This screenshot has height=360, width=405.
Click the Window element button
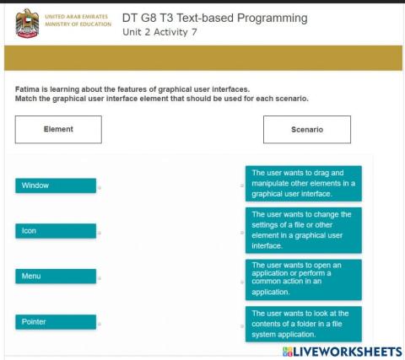click(x=56, y=185)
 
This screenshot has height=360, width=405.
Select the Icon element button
click(x=56, y=231)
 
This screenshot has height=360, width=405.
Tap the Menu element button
click(x=56, y=276)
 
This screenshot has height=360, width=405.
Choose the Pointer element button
click(x=56, y=321)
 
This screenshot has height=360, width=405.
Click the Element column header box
click(x=58, y=130)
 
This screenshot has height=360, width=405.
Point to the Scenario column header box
click(x=307, y=130)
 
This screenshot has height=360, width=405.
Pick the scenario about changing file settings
click(x=304, y=230)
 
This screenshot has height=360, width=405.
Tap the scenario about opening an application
click(x=304, y=279)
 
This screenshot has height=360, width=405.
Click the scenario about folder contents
click(x=304, y=324)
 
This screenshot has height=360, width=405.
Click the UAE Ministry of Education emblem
click(x=27, y=23)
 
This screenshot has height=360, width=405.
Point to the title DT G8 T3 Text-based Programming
click(x=214, y=19)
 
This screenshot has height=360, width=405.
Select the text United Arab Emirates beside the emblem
click(x=81, y=16)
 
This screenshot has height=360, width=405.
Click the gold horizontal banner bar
click(x=202, y=58)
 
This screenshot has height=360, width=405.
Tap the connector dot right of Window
click(x=100, y=188)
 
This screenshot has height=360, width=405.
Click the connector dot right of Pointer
click(x=100, y=324)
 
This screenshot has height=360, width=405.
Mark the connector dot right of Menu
click(x=100, y=278)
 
